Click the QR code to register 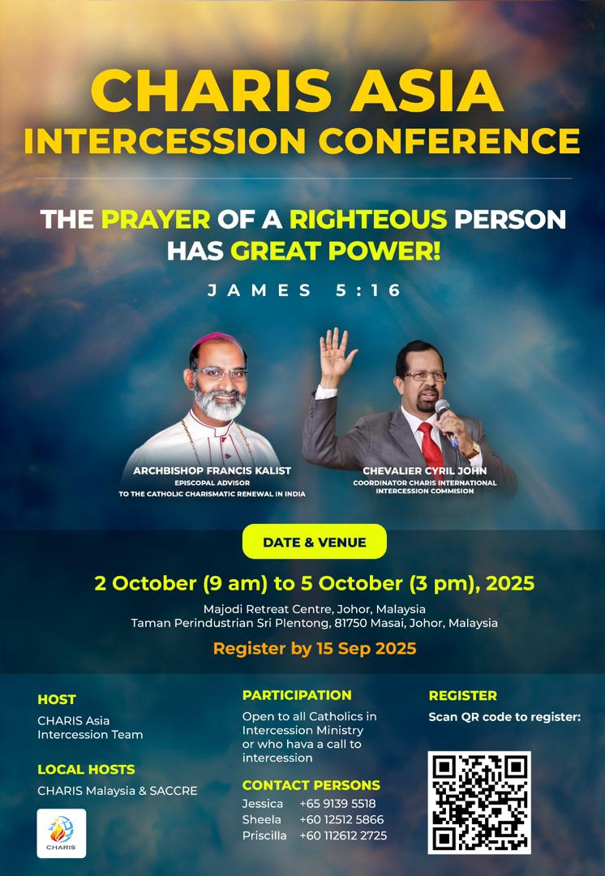pyautogui.click(x=479, y=802)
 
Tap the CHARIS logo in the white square pyautogui.click(x=62, y=832)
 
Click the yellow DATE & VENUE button pyautogui.click(x=315, y=542)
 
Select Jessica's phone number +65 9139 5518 pyautogui.click(x=337, y=803)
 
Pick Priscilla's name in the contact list pyautogui.click(x=264, y=835)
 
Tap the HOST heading pyautogui.click(x=57, y=699)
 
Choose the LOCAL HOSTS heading pyautogui.click(x=86, y=769)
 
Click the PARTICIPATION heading pyautogui.click(x=297, y=695)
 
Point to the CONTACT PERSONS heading pyautogui.click(x=311, y=785)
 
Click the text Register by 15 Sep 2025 pyautogui.click(x=315, y=648)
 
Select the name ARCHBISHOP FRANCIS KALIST pyautogui.click(x=212, y=470)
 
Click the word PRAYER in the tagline pyautogui.click(x=156, y=219)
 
